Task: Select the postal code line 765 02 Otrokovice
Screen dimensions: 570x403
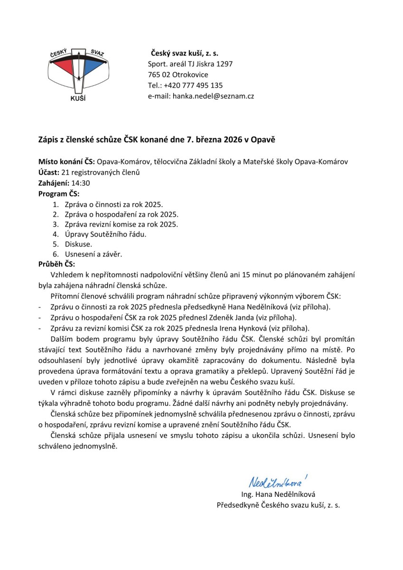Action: point(178,75)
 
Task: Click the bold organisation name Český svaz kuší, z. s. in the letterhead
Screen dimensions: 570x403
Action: point(185,53)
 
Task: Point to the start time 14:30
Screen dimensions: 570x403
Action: point(81,183)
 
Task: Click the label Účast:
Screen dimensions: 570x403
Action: point(48,172)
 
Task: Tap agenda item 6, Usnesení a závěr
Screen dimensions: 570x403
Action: point(94,254)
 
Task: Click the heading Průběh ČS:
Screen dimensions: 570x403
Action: point(56,264)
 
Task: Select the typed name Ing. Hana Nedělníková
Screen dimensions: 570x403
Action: point(278,494)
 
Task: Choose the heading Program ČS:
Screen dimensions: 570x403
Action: point(59,193)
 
